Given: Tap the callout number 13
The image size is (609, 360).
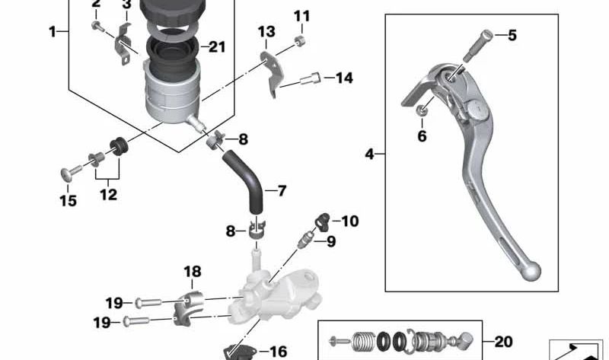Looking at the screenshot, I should [x=266, y=32].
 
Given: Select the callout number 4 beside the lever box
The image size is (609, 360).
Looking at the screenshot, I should [x=370, y=155].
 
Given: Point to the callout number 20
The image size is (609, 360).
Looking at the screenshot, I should [x=504, y=342].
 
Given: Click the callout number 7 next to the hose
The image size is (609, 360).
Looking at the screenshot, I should [x=282, y=190].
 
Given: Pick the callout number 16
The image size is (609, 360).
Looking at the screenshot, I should [x=279, y=351].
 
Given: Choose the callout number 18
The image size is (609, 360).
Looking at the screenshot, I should [x=192, y=272].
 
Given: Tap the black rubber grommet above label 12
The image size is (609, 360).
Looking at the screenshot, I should [x=118, y=145].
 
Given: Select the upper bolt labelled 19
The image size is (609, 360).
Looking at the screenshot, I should [x=149, y=303].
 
